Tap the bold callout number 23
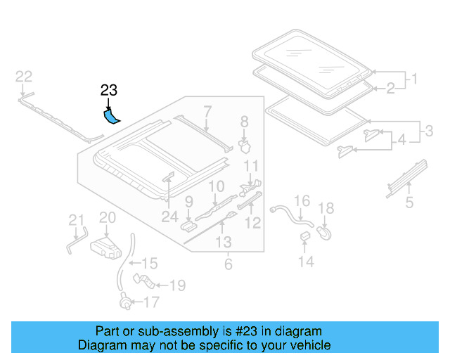[x=109, y=90]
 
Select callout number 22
[x=24, y=77]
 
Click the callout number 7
[x=207, y=110]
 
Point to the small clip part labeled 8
[x=245, y=145]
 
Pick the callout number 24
[x=169, y=217]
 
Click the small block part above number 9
[x=189, y=225]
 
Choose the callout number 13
[x=224, y=243]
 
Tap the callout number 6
[x=228, y=264]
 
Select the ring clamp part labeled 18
[x=326, y=231]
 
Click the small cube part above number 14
[x=306, y=236]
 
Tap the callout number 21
[x=76, y=223]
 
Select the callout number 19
[x=176, y=285]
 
